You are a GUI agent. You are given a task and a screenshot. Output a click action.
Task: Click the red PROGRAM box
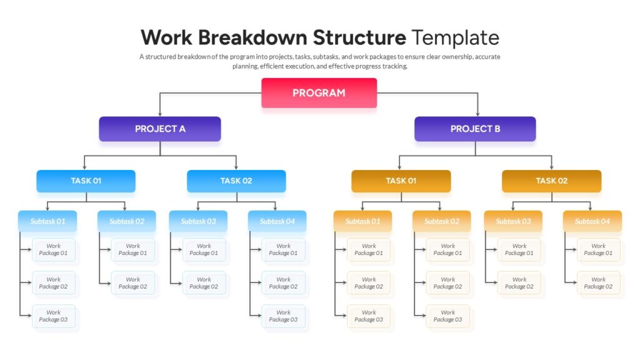tap(319, 92)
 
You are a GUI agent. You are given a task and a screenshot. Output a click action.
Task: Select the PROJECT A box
tap(160, 129)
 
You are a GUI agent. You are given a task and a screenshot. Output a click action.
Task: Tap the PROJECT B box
tap(475, 129)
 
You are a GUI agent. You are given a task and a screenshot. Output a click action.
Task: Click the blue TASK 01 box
tap(86, 181)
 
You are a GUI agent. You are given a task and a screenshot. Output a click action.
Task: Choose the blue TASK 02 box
tap(236, 181)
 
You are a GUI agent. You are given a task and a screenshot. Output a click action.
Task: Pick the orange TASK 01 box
tap(401, 181)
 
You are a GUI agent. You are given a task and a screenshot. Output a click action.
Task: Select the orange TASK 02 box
tap(551, 181)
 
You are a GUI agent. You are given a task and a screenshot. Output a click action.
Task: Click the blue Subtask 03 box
tap(198, 221)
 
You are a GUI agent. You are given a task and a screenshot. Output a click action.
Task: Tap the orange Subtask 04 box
tap(592, 221)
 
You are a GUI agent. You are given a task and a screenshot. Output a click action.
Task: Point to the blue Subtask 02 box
tap(127, 221)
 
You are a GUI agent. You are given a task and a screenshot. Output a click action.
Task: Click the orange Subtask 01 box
tap(362, 221)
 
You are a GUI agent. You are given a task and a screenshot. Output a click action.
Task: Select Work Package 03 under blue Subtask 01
tap(54, 316)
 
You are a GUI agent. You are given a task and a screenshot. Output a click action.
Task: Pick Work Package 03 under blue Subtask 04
tap(284, 316)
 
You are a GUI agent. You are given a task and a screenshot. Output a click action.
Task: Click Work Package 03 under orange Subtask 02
tap(448, 316)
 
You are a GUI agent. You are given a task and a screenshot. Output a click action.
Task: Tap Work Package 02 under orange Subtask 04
tap(599, 283)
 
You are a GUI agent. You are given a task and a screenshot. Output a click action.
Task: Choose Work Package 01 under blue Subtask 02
tap(133, 250)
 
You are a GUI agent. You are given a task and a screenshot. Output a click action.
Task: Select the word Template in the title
tap(455, 37)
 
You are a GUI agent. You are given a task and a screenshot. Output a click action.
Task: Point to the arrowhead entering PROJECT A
tap(160, 114)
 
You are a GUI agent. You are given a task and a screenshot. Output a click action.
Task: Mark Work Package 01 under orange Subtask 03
tap(519, 250)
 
